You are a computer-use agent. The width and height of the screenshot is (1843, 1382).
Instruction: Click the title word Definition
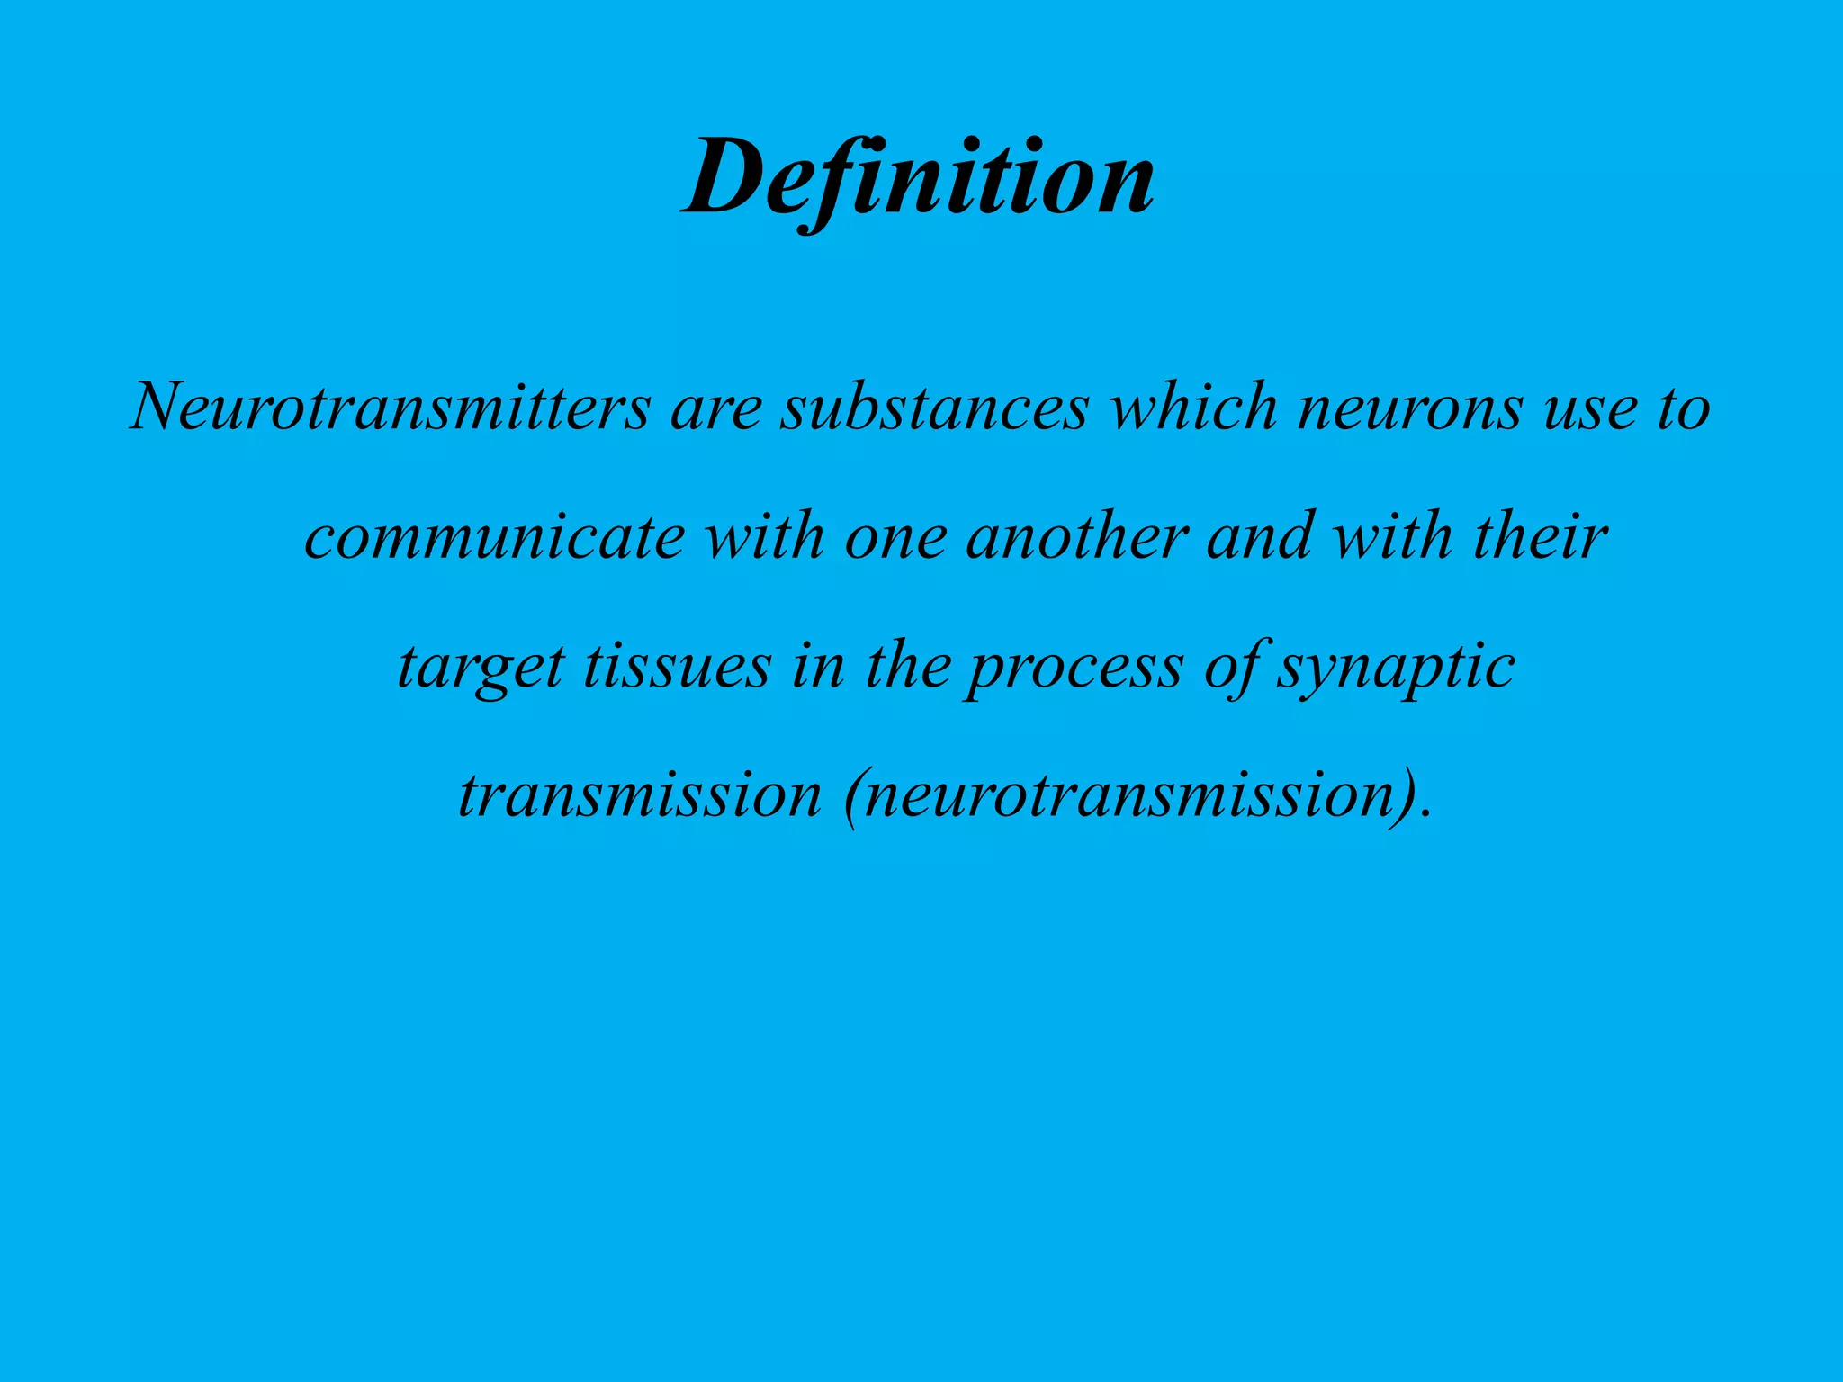tap(919, 180)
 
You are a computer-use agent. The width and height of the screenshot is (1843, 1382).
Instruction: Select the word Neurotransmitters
tap(390, 407)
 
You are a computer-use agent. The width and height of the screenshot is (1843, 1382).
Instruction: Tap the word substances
tap(934, 407)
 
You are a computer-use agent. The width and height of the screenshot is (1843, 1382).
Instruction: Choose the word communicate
tap(495, 537)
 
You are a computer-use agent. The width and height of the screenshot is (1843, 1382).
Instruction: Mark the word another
tap(1076, 535)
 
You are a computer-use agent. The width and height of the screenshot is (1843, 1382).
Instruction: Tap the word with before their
tap(1391, 535)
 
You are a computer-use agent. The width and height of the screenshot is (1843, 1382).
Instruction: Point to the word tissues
tap(677, 666)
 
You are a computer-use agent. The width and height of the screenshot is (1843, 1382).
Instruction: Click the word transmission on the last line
tap(640, 795)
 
